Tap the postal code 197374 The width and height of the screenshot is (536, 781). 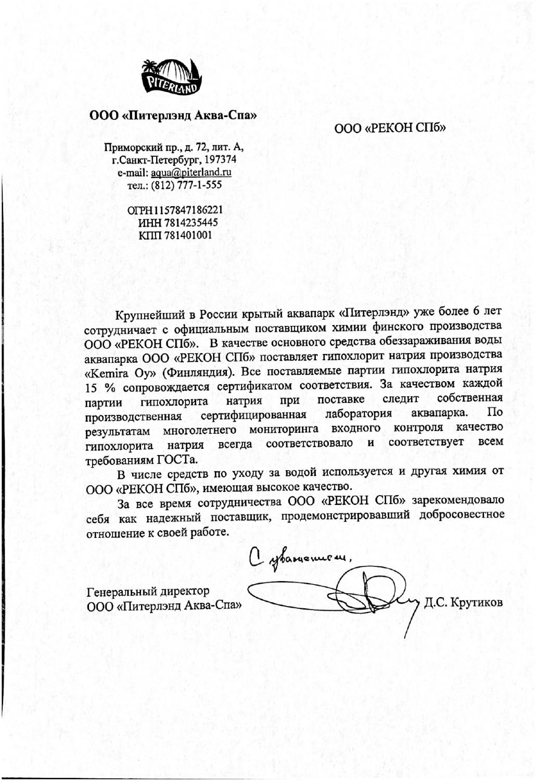pyautogui.click(x=221, y=159)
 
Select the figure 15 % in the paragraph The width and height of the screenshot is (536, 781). pyautogui.click(x=101, y=388)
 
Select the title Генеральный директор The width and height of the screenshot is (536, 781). pyautogui.click(x=148, y=592)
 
